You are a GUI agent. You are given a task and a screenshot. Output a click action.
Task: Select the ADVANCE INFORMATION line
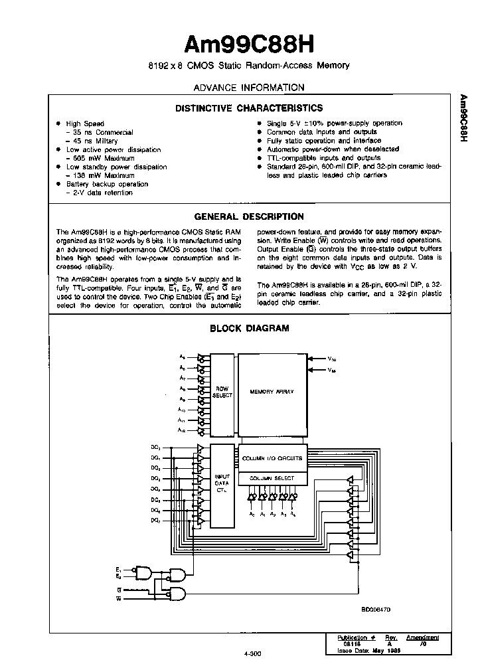[248, 88]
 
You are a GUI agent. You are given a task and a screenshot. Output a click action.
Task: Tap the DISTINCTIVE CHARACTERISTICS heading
[248, 108]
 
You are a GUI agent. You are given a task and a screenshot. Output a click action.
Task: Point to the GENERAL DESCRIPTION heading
[248, 216]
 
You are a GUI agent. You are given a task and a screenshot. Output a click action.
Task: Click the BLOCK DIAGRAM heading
[249, 328]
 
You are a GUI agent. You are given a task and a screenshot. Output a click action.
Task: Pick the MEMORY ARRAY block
[272, 392]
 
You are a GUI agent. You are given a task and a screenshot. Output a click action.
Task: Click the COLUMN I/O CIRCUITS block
[272, 458]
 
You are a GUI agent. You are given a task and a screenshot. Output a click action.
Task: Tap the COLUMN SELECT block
[272, 478]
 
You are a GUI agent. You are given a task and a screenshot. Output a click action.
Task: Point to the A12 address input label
[182, 430]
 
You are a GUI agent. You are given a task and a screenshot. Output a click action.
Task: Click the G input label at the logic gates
[119, 589]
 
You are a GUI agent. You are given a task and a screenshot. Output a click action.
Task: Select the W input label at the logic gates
[119, 598]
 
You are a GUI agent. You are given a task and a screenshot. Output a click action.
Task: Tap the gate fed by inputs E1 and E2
[143, 573]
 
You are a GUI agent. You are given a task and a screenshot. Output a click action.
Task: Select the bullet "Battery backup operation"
[107, 184]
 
